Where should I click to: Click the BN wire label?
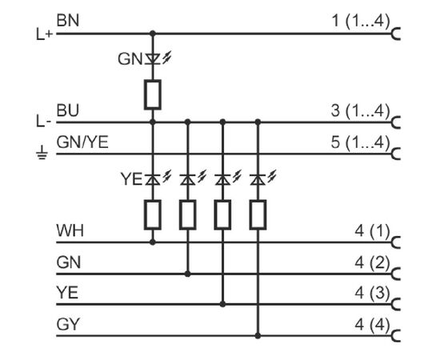[68, 21]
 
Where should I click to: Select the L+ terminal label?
[44, 34]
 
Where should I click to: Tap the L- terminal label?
[43, 122]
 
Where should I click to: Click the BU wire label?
[68, 110]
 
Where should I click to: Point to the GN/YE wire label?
[82, 142]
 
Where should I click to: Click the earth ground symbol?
[42, 153]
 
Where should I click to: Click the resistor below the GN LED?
[153, 94]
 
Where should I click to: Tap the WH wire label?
[70, 230]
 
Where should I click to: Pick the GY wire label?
[68, 324]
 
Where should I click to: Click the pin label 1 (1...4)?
[361, 21]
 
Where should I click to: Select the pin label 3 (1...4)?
[361, 110]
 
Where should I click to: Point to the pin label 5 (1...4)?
[361, 142]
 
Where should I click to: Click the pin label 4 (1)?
[372, 231]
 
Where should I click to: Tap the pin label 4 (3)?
[372, 294]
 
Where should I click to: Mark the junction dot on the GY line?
[258, 335]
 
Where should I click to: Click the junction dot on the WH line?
[153, 242]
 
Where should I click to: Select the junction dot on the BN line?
[153, 34]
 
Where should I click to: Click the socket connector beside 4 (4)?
[395, 335]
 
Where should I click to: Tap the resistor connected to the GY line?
[258, 214]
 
